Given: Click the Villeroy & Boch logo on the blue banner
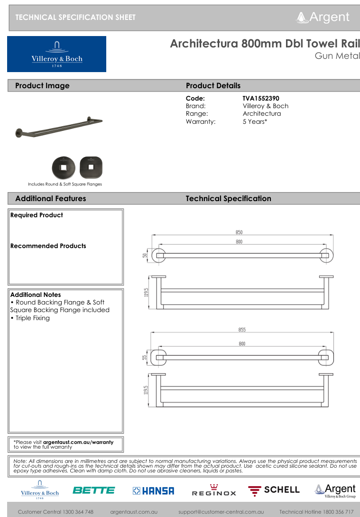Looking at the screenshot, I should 56,54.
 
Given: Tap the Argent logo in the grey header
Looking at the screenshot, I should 323,18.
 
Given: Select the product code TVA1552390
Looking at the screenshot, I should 261,98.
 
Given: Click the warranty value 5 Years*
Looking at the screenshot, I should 255,121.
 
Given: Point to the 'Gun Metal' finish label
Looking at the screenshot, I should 337,56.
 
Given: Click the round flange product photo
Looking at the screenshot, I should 63,167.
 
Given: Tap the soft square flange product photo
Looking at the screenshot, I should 91,167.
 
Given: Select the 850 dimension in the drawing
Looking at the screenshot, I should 239,232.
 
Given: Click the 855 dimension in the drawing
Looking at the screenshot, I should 242,330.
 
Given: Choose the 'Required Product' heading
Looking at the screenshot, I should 37,215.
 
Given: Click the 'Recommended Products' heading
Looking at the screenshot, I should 48,246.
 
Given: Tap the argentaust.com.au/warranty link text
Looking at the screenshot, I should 78,442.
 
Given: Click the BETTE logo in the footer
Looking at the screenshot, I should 93,490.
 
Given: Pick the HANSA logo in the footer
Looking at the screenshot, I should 153,491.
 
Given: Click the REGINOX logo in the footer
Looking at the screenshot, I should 213,491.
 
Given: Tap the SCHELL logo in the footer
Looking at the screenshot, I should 274,490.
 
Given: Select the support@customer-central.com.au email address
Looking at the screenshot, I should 221,512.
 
